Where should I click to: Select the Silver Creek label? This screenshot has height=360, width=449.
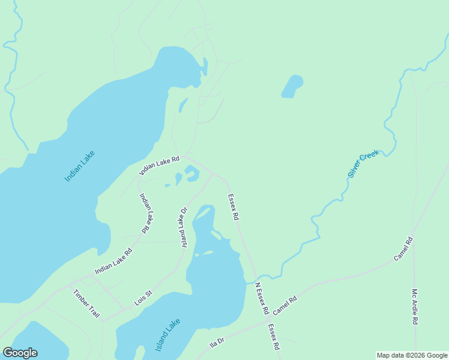pos(364,164)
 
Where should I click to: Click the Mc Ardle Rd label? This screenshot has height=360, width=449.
pos(414,307)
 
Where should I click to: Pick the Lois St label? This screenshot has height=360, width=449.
pos(143,298)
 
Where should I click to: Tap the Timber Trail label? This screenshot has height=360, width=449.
pos(86,304)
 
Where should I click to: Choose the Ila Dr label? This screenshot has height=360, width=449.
pos(217,343)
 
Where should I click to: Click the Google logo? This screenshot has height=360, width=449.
pos(20,353)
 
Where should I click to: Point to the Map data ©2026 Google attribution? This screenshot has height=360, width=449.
pos(412,355)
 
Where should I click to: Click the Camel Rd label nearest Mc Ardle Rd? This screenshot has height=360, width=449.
pos(403,249)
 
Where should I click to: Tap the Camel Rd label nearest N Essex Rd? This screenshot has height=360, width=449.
pos(285,306)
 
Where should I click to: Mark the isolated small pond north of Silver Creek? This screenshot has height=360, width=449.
pos(292,86)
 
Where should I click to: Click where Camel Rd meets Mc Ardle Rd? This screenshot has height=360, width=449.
pos(413,235)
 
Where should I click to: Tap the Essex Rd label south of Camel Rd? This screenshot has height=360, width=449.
pos(274,337)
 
